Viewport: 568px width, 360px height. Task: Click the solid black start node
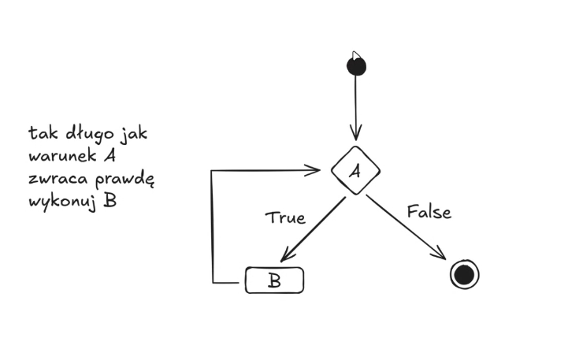coord(356,65)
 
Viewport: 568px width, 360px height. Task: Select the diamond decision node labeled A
coord(355,170)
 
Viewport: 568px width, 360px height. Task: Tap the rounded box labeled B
coord(274,280)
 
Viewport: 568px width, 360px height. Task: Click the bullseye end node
coord(464,274)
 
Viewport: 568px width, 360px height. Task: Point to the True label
coord(284,217)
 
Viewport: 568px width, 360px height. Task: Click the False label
coord(429,212)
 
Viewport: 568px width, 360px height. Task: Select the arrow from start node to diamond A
coord(356,106)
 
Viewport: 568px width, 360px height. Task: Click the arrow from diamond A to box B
coord(313,229)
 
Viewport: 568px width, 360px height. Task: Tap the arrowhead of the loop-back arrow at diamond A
coord(315,170)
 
